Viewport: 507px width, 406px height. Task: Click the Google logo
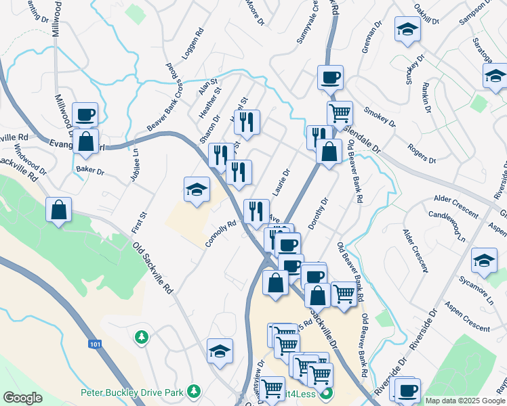coord(22,398)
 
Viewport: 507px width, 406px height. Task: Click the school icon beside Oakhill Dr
coord(407,30)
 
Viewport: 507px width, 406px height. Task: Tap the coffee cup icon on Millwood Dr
coord(85,114)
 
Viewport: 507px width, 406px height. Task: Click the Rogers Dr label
coord(422,154)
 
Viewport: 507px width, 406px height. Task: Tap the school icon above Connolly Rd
coord(197,189)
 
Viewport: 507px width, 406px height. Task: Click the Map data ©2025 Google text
coord(465,401)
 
